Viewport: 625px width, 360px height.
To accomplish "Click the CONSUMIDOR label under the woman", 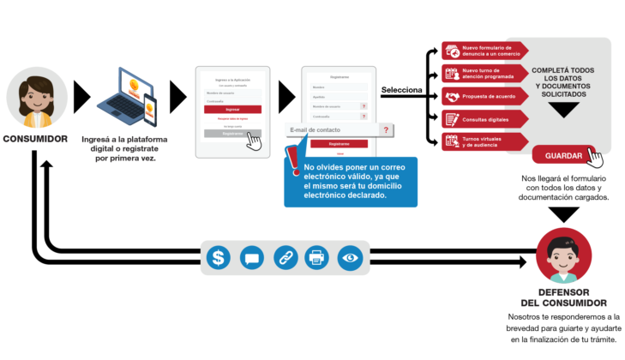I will click(x=35, y=138).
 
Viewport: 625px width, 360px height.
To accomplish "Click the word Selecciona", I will click(x=401, y=90).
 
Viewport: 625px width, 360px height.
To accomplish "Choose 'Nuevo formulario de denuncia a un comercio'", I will click(x=486, y=51).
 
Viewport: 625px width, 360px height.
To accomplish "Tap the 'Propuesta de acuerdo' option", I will click(x=486, y=96).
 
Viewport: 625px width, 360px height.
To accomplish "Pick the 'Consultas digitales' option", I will click(x=486, y=118).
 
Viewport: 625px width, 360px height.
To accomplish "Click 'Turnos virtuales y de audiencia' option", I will click(x=486, y=141).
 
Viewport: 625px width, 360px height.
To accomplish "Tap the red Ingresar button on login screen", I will click(x=232, y=110).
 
